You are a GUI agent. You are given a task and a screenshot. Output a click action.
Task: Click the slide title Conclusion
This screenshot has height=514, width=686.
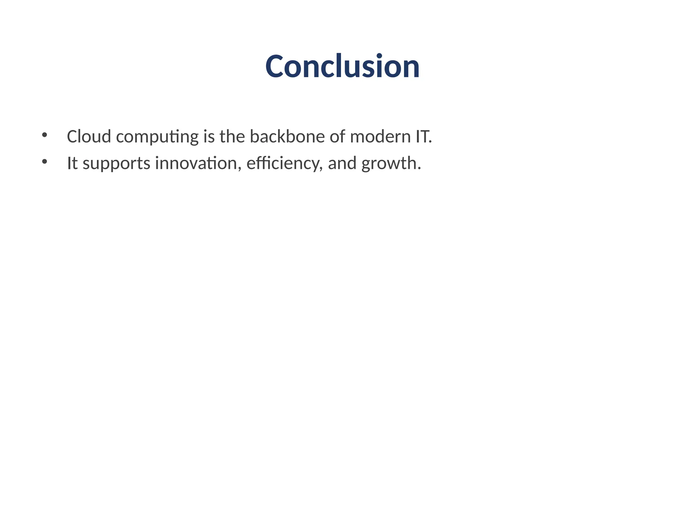pyautogui.click(x=342, y=67)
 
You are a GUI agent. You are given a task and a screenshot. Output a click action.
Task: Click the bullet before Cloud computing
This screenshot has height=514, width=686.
pyautogui.click(x=44, y=135)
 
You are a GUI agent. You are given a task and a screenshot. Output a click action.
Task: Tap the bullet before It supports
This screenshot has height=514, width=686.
pyautogui.click(x=44, y=162)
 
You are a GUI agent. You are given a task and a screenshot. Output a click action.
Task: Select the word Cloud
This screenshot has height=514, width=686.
pyautogui.click(x=89, y=137)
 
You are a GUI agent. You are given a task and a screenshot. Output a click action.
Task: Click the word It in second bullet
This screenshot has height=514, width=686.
pyautogui.click(x=72, y=163)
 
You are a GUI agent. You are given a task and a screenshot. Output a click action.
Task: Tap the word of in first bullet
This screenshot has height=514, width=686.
pyautogui.click(x=337, y=137)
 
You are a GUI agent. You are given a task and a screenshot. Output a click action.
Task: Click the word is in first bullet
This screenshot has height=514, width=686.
pyautogui.click(x=209, y=137)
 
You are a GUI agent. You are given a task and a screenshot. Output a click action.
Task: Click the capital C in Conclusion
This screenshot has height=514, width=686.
pyautogui.click(x=277, y=67)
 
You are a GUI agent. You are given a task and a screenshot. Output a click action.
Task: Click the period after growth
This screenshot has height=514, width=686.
pyautogui.click(x=419, y=168)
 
